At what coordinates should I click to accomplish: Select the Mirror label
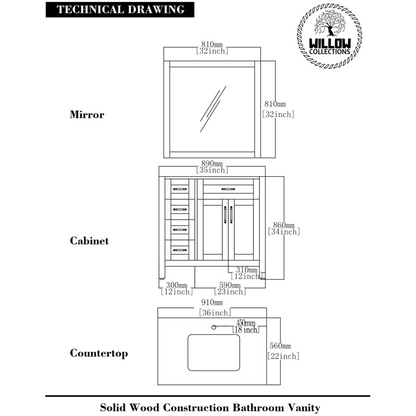click(x=87, y=115)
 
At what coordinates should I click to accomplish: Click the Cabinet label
click(x=89, y=241)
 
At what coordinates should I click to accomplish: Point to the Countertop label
click(x=99, y=354)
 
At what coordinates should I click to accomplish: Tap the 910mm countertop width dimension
click(x=212, y=303)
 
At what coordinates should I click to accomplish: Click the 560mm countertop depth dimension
click(x=280, y=346)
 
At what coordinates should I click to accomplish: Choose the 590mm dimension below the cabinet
click(x=229, y=285)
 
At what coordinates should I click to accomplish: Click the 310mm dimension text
click(x=246, y=270)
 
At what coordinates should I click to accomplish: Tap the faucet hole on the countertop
click(x=213, y=327)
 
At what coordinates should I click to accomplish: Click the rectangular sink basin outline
click(x=214, y=352)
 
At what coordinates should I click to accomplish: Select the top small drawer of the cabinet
click(x=179, y=187)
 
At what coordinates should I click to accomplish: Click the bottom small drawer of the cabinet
click(x=179, y=250)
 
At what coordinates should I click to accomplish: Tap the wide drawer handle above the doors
click(x=229, y=188)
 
